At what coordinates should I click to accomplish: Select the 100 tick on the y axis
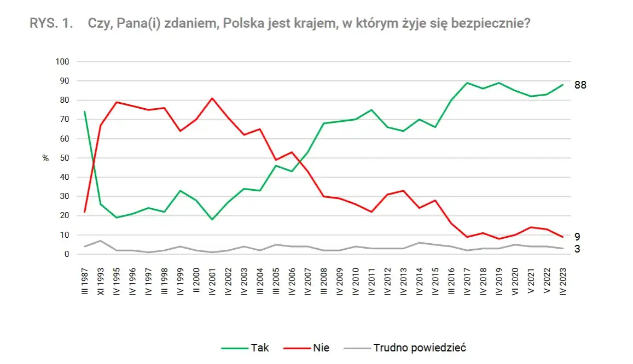[62, 62]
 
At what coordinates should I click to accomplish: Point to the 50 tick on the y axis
[64, 158]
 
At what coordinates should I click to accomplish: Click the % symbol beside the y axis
[45, 158]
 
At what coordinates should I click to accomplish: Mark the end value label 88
[580, 85]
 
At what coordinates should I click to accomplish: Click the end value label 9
[577, 237]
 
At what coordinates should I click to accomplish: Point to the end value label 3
[577, 249]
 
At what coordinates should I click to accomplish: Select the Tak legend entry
[259, 348]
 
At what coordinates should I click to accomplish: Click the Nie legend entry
[321, 348]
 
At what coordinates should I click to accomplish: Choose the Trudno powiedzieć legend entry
[419, 348]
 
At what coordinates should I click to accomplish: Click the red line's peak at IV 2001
[212, 98]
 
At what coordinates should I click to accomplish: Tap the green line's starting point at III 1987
[85, 111]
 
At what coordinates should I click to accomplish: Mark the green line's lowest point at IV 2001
[212, 220]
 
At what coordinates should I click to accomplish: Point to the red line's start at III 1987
[85, 212]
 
